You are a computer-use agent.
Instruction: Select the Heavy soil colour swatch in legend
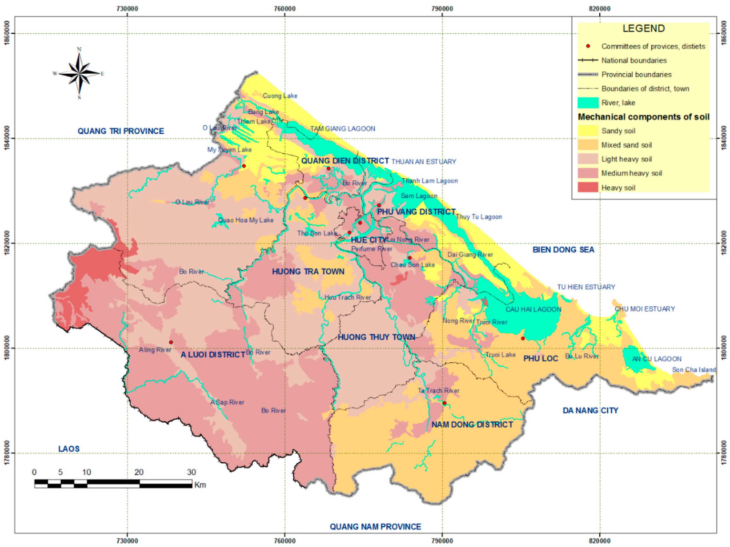[x=588, y=187]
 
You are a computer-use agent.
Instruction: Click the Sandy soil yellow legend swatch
[x=588, y=131]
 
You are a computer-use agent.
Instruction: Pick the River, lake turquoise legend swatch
[x=588, y=103]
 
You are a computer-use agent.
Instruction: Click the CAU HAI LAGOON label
[x=533, y=309]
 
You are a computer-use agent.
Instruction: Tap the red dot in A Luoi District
[x=171, y=342]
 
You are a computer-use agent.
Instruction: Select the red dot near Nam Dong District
[x=445, y=403]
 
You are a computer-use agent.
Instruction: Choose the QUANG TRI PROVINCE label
[x=121, y=131]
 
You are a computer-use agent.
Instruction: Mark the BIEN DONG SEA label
[x=563, y=250]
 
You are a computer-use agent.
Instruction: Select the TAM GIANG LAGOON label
[x=343, y=129]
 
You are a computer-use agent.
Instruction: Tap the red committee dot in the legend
[x=588, y=46]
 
